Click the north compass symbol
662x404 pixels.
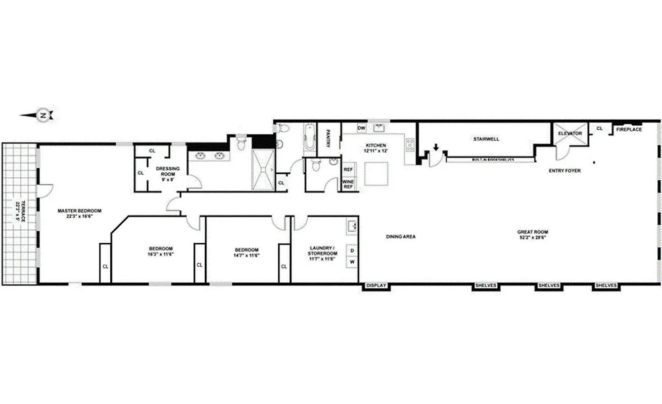(43, 115)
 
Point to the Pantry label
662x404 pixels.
(328, 138)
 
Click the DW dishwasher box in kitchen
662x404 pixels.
(361, 128)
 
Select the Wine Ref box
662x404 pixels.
(348, 184)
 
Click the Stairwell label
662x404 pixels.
(486, 139)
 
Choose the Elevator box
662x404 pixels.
(570, 134)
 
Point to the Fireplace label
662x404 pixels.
(629, 130)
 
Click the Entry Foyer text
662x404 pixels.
(564, 171)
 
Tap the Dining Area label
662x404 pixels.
(400, 236)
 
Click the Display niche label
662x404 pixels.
(375, 286)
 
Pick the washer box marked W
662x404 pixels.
(352, 262)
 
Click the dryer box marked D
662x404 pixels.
(352, 250)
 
